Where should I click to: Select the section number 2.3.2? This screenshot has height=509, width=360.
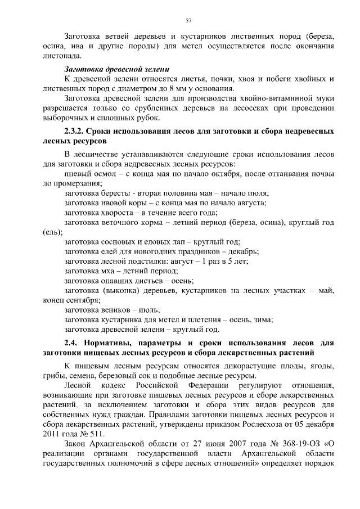[x=78, y=132]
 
